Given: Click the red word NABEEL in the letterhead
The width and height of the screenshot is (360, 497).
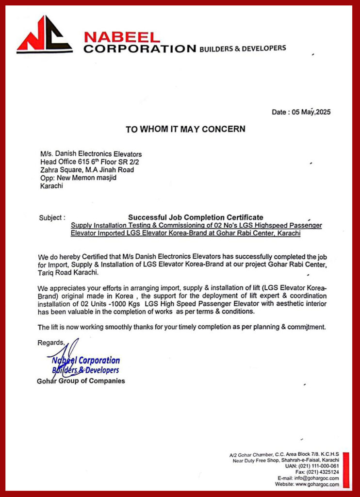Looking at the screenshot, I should click(x=122, y=37).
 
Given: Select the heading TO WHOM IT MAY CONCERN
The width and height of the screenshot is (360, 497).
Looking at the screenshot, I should click(x=185, y=129).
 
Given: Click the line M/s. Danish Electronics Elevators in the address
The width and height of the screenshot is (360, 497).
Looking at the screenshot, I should click(x=91, y=154).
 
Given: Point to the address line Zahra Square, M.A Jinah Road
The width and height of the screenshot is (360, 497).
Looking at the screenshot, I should click(x=87, y=169).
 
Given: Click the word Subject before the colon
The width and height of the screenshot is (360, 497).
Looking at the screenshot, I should click(x=49, y=218).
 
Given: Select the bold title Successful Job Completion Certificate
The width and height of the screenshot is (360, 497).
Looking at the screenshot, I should click(x=196, y=217).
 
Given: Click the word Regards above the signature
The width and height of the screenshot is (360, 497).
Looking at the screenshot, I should click(x=50, y=343).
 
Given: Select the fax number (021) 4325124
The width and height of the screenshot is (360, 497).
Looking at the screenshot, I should click(x=323, y=472).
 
